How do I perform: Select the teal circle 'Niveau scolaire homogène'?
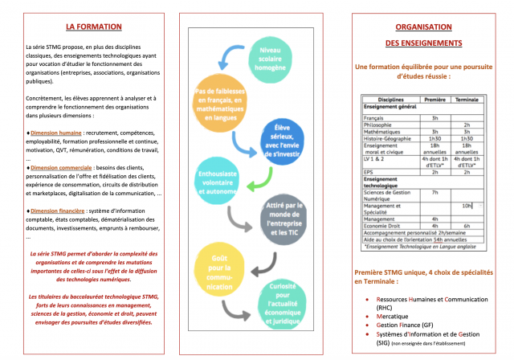[275, 56]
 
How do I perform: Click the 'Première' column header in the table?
[434, 100]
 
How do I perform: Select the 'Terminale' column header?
[467, 100]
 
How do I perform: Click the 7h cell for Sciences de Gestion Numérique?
[434, 193]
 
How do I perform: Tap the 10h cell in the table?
[467, 206]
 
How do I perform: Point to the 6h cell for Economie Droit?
[467, 226]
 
